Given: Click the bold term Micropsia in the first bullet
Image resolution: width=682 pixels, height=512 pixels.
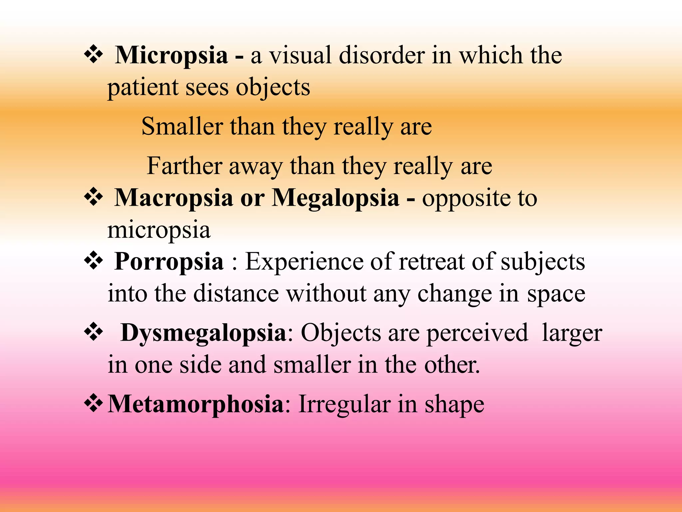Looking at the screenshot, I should coord(171,55).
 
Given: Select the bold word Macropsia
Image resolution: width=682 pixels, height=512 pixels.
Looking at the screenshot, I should coord(173,198).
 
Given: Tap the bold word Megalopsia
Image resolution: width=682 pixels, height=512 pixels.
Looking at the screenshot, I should coord(335,198).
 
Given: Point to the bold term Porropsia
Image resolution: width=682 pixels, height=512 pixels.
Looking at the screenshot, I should coord(169,262).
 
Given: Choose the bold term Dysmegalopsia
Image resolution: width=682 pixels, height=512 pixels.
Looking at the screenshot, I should coord(203,333).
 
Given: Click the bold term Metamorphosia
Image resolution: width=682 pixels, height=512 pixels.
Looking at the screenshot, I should coord(195,404).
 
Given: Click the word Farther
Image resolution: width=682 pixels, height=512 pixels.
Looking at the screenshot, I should coord(184,166).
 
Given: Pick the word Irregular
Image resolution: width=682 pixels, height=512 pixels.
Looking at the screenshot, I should coord(344,404).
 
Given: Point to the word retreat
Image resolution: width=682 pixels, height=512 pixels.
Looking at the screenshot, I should coord(431,262).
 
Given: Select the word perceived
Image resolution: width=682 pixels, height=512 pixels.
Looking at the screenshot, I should coord(477,333).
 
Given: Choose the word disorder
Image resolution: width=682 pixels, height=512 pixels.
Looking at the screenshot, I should coord(382,55).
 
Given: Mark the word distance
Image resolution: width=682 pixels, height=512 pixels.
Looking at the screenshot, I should coord(236,294).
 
